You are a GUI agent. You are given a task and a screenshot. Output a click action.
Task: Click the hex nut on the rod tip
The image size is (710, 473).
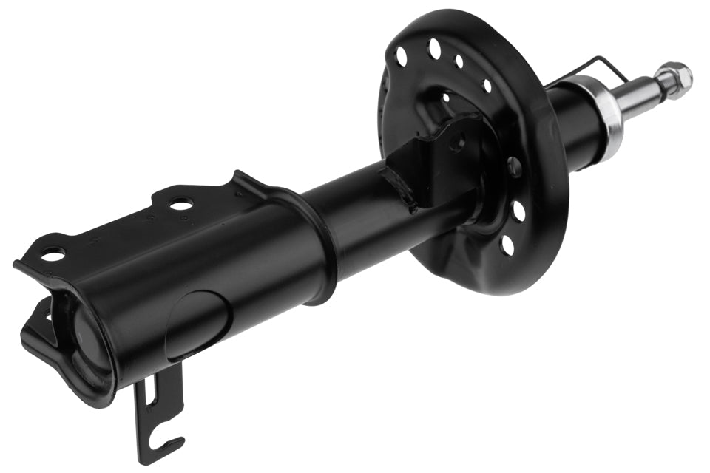point(675,76)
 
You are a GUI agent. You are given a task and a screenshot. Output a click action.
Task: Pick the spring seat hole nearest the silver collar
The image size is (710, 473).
point(487,86)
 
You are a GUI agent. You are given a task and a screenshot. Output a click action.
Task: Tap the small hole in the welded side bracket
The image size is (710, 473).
point(456,142)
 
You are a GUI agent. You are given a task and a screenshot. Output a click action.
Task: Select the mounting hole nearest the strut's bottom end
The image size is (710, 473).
point(53,255)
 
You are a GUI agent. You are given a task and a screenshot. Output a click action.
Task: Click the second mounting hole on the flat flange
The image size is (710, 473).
point(180,204)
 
